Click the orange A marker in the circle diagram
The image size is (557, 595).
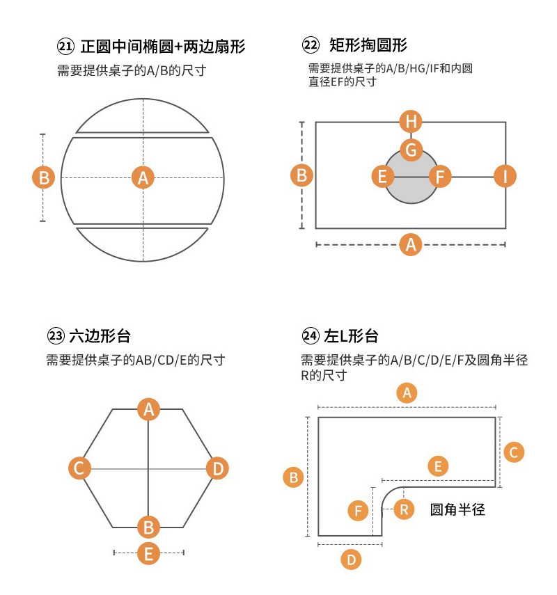click(143, 177)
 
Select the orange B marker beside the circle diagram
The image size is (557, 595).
click(44, 177)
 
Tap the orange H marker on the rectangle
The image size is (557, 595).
click(411, 122)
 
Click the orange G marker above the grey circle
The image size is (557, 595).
click(411, 149)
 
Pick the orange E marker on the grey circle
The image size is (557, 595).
click(382, 176)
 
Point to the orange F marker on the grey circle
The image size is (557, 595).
click(440, 176)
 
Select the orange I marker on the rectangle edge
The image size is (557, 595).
click(505, 176)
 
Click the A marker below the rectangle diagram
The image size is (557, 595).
click(411, 244)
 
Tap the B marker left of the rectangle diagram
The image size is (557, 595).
click(302, 175)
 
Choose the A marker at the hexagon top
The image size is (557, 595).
click(148, 410)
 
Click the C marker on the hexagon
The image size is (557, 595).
click(79, 468)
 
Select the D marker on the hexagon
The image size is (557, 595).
click(217, 468)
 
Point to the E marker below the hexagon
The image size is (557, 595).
click(148, 553)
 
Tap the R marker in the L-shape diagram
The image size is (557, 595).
click(404, 509)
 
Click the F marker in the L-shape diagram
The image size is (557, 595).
click(358, 511)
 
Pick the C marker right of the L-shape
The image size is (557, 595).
click(513, 452)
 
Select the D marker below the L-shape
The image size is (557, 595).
click(352, 559)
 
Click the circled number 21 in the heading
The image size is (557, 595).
click(65, 47)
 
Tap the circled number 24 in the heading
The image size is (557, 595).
click(310, 336)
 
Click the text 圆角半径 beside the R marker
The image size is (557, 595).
click(457, 509)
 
